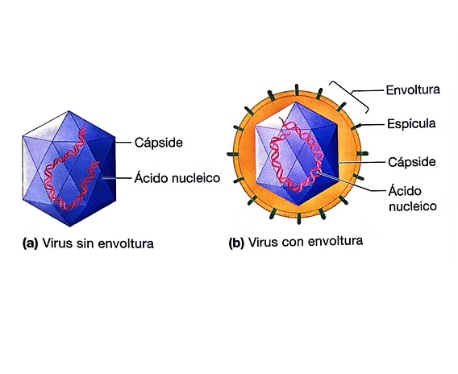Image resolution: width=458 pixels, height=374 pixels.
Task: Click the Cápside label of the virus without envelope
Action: [159, 143]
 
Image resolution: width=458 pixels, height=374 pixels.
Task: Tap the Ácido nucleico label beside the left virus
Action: [177, 178]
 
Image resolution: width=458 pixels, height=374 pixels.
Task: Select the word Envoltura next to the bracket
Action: [413, 90]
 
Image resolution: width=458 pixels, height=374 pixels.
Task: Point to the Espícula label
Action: [411, 124]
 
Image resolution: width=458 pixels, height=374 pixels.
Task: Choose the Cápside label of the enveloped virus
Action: [412, 162]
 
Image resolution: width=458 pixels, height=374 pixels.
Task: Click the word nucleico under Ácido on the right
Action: [413, 206]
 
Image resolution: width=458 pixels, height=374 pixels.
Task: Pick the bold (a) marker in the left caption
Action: [31, 243]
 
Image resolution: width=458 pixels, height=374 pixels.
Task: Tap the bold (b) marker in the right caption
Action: [236, 243]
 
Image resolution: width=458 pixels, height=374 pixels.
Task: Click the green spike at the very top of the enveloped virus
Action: [297, 89]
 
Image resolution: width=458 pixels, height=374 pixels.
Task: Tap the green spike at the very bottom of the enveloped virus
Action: [299, 218]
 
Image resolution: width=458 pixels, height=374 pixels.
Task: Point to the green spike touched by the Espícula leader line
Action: [356, 127]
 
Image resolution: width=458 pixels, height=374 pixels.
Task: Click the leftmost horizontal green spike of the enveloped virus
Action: [233, 154]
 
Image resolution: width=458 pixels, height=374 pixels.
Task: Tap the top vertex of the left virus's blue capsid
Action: [69, 111]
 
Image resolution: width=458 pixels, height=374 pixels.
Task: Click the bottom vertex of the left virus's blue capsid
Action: [70, 226]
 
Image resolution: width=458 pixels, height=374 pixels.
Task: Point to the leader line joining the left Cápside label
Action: [123, 143]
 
